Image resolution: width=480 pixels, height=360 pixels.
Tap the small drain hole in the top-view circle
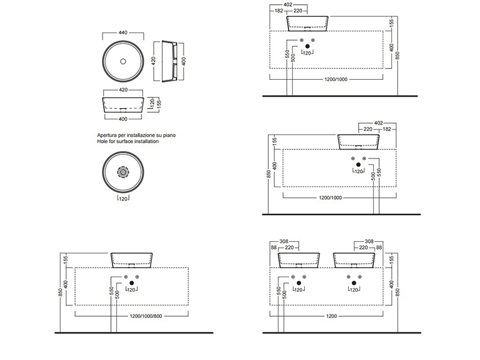click(x=122, y=61)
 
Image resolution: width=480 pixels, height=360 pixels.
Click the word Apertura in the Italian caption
click(x=109, y=136)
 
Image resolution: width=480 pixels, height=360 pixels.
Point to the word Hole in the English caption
click(x=103, y=142)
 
